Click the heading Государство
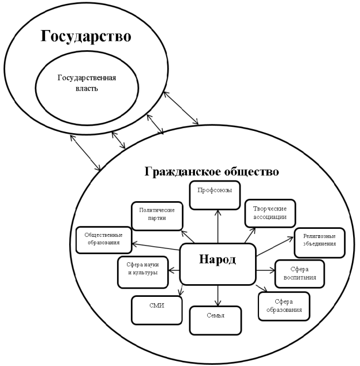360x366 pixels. click(86, 36)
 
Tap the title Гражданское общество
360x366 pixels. click(212, 172)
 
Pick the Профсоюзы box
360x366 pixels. click(215, 195)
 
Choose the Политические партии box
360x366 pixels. click(157, 216)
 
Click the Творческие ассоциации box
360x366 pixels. click(270, 213)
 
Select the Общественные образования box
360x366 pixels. click(104, 240)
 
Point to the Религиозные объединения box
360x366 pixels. click(320, 243)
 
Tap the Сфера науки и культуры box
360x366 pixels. click(142, 272)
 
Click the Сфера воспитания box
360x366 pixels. click(300, 274)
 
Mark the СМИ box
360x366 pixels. click(157, 310)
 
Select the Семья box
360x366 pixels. click(215, 320)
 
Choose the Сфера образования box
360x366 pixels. click(284, 306)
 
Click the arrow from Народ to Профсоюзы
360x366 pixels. click(218, 227)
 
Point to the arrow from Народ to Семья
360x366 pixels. click(218, 296)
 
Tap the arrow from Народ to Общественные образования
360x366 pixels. click(156, 247)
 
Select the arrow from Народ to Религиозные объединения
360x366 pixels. click(275, 247)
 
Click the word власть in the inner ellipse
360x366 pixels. click(87, 88)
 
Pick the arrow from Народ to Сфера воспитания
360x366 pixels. click(266, 270)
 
